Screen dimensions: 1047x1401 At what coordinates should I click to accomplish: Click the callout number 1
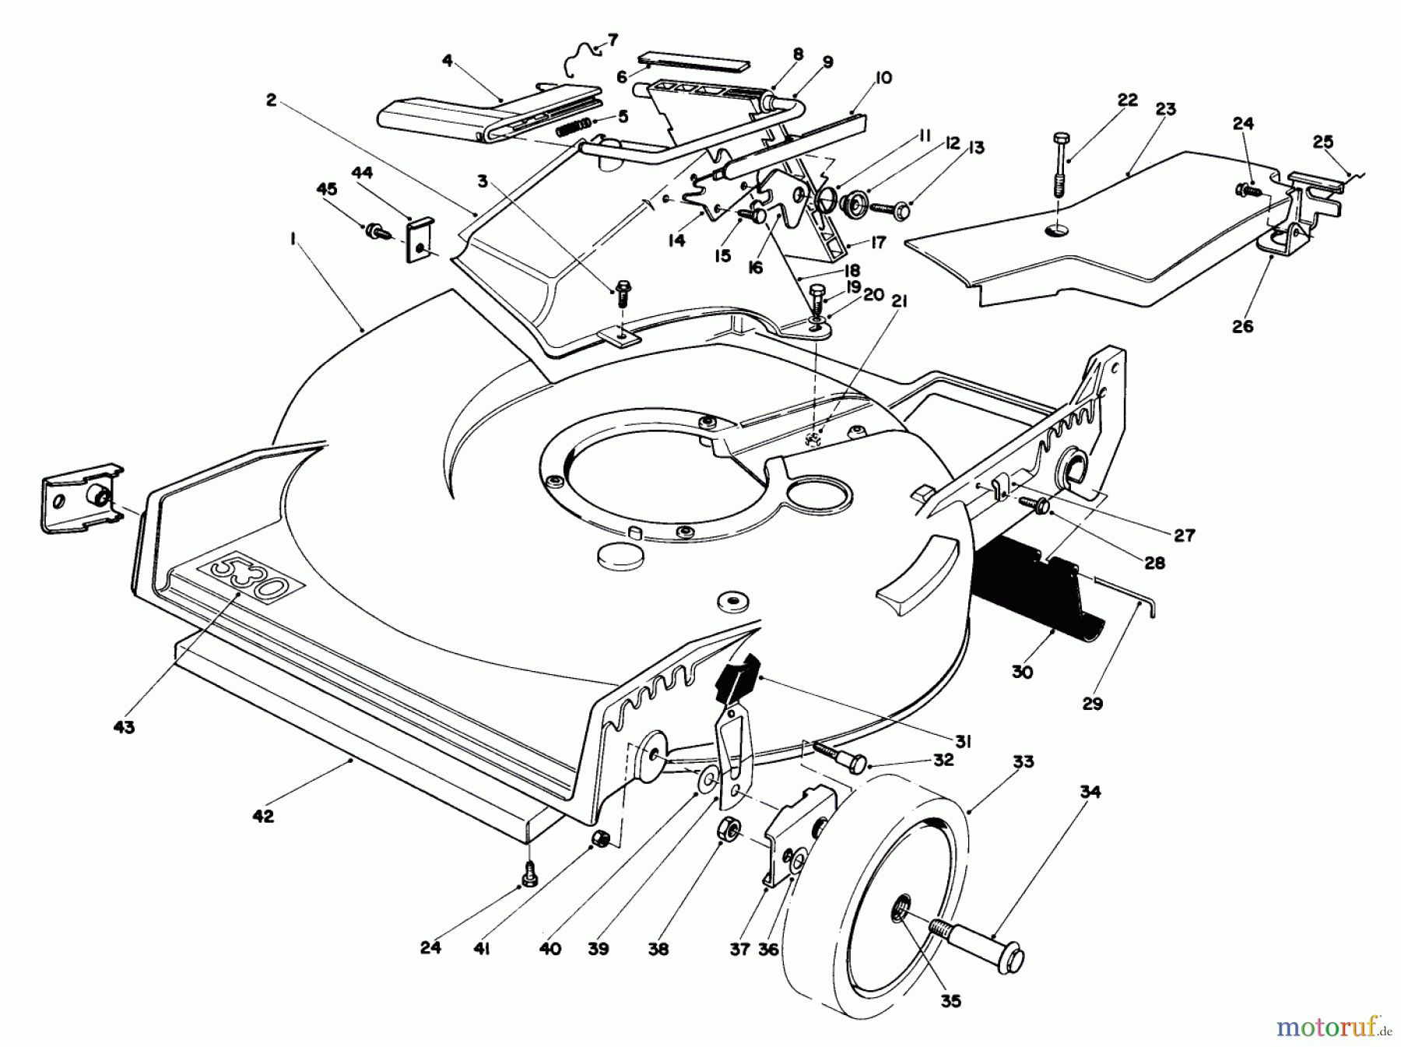pos(293,241)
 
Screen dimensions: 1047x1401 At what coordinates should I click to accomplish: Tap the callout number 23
pos(1164,109)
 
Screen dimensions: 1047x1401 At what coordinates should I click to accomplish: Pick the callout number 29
pos(1092,704)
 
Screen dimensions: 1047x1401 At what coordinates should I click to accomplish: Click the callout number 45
pos(326,189)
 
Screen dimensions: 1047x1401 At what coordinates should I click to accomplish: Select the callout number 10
pos(883,78)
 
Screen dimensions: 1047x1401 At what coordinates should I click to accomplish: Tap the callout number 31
pos(963,743)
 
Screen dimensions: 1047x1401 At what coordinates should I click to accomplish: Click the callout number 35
pos(950,1001)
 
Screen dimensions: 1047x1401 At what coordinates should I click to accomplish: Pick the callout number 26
pos(1243,326)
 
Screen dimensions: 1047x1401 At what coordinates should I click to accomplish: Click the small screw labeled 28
pos(1035,504)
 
